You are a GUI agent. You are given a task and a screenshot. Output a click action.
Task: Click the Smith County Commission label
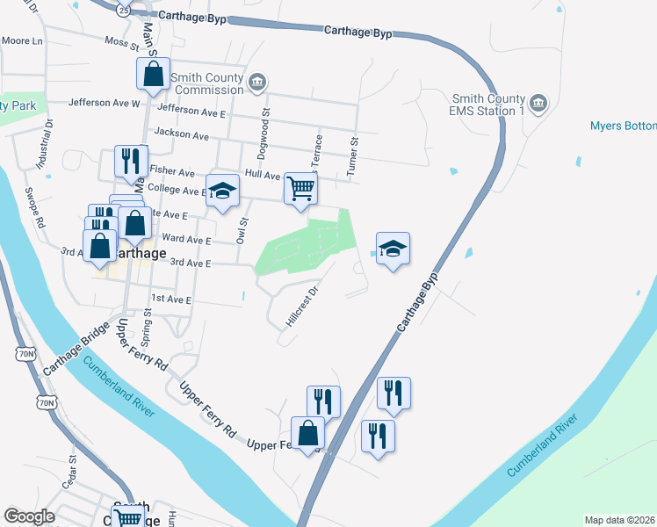pyautogui.click(x=207, y=83)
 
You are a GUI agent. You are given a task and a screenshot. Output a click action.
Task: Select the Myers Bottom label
pyautogui.click(x=624, y=126)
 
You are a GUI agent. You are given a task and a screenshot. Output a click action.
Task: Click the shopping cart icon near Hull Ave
pyautogui.click(x=300, y=188)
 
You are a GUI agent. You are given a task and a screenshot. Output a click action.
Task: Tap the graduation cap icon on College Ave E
pyautogui.click(x=223, y=190)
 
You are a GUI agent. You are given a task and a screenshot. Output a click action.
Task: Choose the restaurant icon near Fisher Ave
pyautogui.click(x=131, y=161)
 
